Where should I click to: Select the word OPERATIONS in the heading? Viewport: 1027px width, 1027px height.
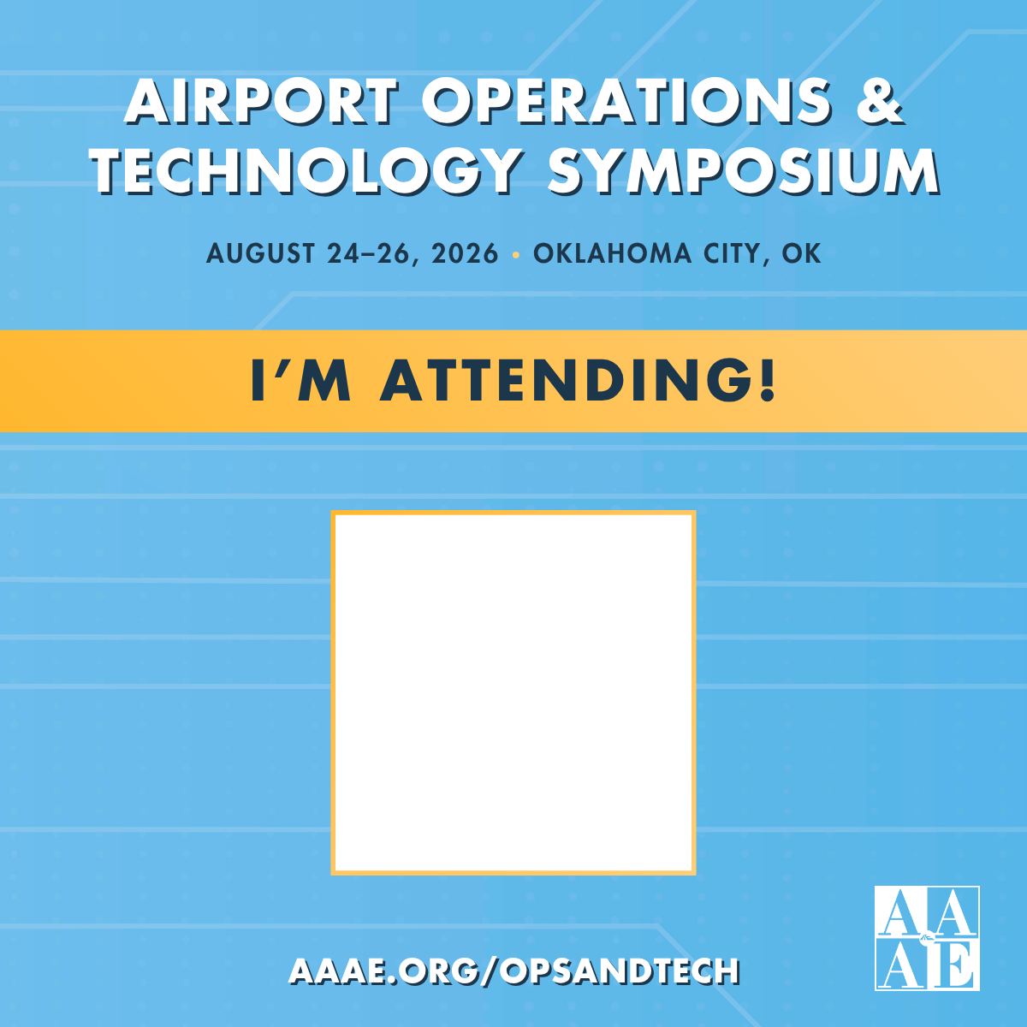click(626, 101)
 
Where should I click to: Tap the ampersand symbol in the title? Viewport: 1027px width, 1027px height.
click(876, 101)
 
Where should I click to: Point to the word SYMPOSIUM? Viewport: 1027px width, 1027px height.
click(743, 171)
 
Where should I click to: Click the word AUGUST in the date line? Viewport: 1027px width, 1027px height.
click(260, 253)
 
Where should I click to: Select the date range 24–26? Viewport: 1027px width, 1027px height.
click(372, 253)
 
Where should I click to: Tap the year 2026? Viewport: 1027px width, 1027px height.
click(465, 253)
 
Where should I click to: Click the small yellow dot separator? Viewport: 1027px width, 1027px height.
click(515, 254)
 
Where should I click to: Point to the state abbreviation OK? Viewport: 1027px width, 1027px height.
click(802, 253)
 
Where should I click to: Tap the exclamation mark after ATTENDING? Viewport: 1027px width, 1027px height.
click(767, 380)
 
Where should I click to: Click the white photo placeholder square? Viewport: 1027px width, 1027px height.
click(513, 692)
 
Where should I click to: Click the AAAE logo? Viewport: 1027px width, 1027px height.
click(927, 938)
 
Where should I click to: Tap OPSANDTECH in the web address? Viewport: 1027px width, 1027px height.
click(620, 971)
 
